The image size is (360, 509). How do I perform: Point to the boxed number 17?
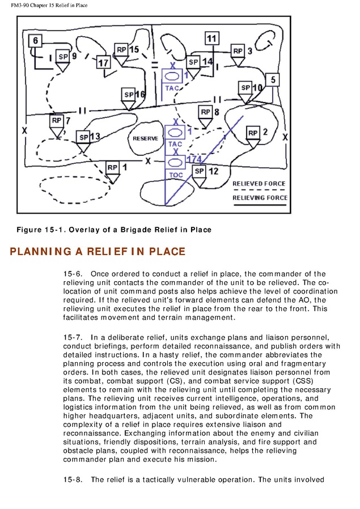[103, 62]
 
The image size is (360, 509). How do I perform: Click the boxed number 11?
[211, 39]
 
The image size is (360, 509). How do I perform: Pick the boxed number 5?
[273, 80]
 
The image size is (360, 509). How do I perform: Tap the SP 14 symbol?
[193, 62]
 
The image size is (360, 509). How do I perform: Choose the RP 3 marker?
[238, 51]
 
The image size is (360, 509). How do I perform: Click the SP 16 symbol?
[129, 95]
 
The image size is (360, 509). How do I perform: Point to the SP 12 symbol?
[199, 171]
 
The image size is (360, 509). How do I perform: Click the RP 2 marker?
[253, 133]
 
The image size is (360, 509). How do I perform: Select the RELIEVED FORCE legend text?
[259, 184]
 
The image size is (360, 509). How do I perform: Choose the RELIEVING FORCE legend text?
[260, 197]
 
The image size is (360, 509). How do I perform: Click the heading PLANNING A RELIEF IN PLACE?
[98, 251]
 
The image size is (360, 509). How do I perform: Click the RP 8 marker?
[205, 112]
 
